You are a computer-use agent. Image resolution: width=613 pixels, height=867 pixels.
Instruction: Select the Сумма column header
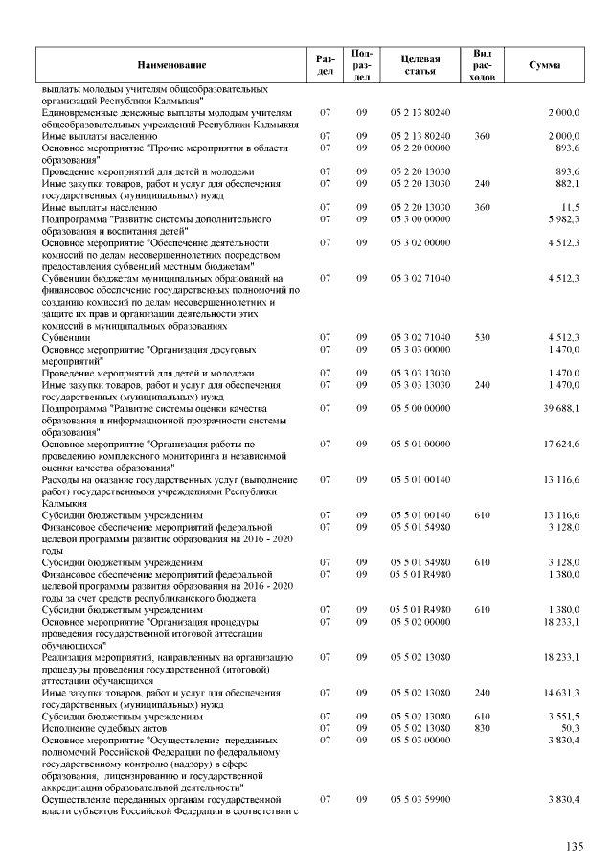click(x=544, y=64)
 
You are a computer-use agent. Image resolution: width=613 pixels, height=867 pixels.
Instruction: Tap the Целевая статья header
click(x=420, y=64)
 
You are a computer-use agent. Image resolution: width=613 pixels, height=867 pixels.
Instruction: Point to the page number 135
click(x=575, y=847)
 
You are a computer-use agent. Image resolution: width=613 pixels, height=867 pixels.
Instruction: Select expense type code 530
click(x=482, y=337)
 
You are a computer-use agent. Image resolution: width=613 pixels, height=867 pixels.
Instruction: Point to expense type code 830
click(x=482, y=727)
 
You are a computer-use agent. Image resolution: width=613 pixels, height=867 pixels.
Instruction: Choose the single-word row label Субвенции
click(x=67, y=337)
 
